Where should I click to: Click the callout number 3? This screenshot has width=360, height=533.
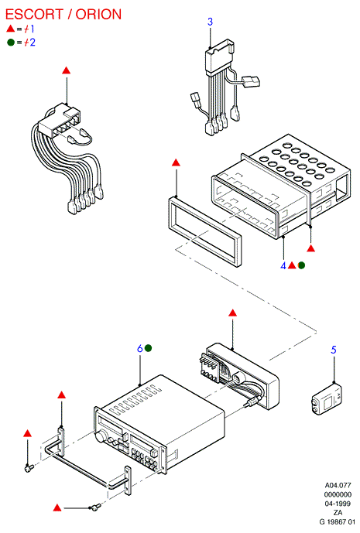(x=211, y=22)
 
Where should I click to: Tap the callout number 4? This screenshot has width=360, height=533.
(x=283, y=265)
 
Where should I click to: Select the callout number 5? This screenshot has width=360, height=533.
(x=334, y=350)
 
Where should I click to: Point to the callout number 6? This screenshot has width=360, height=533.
(x=140, y=348)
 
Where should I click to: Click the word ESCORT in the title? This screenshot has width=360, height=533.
(x=34, y=14)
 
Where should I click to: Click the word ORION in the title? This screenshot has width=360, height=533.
(x=98, y=14)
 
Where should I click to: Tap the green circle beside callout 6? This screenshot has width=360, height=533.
(x=148, y=348)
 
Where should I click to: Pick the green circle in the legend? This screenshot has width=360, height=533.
(x=11, y=43)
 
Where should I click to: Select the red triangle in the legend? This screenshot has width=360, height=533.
(x=11, y=29)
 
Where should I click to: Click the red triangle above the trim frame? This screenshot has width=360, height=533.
(x=176, y=162)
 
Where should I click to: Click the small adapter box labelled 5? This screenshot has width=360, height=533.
(x=327, y=400)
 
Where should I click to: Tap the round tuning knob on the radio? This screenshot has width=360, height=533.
(x=101, y=438)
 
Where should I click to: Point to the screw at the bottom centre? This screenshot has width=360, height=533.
(x=95, y=507)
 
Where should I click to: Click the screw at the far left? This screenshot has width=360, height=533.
(x=29, y=468)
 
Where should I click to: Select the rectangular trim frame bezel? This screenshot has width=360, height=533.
(x=205, y=231)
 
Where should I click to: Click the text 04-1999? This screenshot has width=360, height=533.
(x=338, y=504)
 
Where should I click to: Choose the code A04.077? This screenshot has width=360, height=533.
(x=338, y=485)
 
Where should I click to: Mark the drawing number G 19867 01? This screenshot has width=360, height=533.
(x=337, y=521)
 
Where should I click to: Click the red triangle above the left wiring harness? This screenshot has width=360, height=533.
(x=67, y=70)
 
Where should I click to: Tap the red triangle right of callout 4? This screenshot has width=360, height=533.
(x=292, y=265)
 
